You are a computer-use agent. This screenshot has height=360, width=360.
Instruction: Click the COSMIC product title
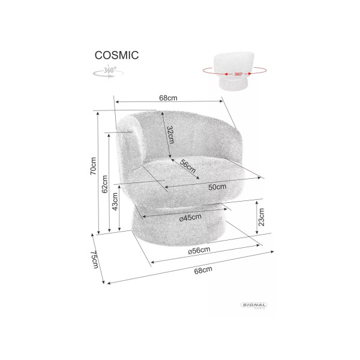point(116,55)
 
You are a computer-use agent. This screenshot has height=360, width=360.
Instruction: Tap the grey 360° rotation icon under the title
point(109,71)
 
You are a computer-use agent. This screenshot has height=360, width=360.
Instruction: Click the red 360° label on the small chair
point(238,74)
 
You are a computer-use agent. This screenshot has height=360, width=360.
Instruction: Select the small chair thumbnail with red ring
point(235,71)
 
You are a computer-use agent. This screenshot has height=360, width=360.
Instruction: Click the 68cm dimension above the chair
point(168,98)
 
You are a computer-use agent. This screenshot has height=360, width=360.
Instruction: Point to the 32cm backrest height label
point(170,134)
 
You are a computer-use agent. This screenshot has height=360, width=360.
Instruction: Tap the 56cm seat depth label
point(188,166)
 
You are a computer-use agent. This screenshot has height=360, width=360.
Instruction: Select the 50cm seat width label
point(217,187)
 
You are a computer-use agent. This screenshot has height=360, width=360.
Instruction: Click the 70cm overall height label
point(93,166)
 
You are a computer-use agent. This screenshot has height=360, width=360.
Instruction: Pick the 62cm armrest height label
point(104,184)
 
